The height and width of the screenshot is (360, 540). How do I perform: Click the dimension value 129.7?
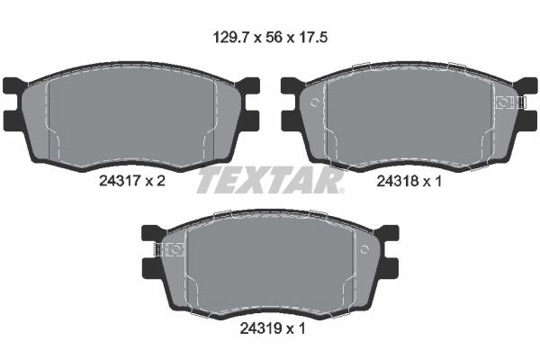point(230,37)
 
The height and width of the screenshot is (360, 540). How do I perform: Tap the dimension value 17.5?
point(312,37)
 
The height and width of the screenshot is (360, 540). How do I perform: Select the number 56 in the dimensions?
point(274,37)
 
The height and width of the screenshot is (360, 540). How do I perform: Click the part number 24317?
point(119,181)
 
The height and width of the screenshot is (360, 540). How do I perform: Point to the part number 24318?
point(398,181)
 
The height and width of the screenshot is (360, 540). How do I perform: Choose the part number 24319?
point(260,328)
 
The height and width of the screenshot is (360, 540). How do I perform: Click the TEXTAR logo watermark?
point(270,179)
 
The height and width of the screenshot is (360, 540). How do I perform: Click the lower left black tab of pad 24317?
point(13,121)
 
